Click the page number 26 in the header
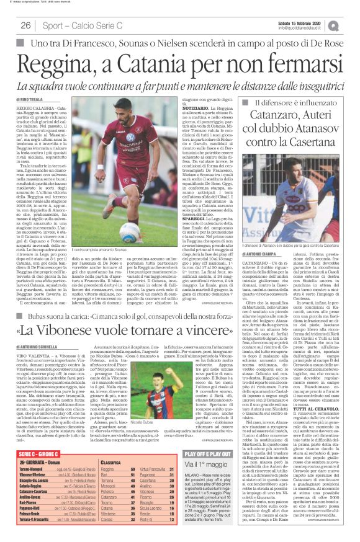(x=26, y=25)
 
